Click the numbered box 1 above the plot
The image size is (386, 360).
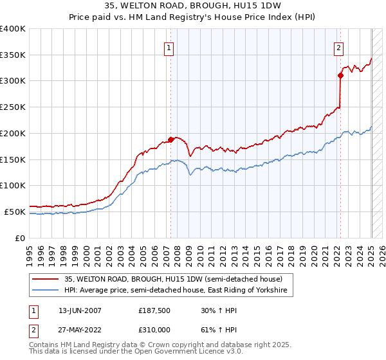[x=169, y=46]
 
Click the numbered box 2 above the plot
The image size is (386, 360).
[x=338, y=46]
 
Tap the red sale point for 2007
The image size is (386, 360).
[x=170, y=139]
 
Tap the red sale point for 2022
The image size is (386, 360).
[x=341, y=75]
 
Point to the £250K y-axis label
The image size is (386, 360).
[x=13, y=107]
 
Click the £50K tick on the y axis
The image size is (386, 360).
[x=15, y=212]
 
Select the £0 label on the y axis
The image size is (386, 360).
[x=21, y=238]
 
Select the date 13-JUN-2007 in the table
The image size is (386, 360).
[x=80, y=310]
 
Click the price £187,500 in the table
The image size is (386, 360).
[x=154, y=310]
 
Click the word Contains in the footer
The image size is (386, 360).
[x=45, y=345]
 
